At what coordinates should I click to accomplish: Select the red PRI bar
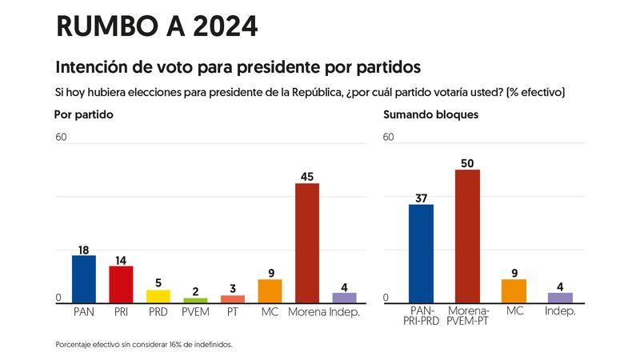(x=121, y=284)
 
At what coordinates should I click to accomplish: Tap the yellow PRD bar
(x=158, y=296)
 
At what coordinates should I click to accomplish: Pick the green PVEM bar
(x=195, y=300)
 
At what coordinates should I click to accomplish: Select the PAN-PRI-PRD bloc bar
(x=421, y=253)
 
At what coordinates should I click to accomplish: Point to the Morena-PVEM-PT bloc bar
(x=467, y=236)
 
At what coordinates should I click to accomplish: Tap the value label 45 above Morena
(x=307, y=177)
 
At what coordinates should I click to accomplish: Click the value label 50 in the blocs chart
(x=467, y=163)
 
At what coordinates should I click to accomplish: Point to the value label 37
(x=421, y=198)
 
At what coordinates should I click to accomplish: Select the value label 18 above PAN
(x=84, y=249)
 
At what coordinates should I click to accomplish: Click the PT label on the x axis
(x=233, y=310)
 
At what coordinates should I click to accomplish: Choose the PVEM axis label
(x=195, y=310)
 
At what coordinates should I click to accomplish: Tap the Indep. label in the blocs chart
(x=560, y=310)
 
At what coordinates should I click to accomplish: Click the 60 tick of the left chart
(x=61, y=137)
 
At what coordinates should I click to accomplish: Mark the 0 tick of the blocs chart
(x=386, y=298)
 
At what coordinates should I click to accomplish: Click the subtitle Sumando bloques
(x=430, y=114)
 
